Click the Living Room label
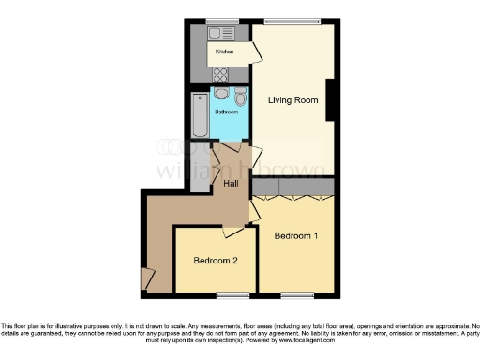pos(290,100)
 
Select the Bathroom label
pos(227,112)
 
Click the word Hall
pos(231,184)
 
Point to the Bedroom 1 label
pos(295,236)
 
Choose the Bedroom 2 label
pos(215,260)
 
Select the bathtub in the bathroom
pos(199,116)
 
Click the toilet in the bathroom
pos(241,98)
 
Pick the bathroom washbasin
pos(220,94)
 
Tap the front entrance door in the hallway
pos(146,278)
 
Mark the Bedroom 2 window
pos(228,295)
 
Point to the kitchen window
pos(222,21)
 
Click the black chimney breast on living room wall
pos(332,99)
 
